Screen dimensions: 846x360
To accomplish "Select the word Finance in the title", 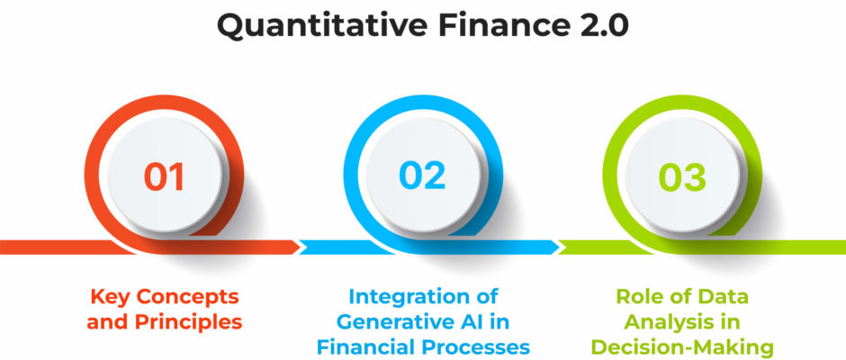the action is pos(500,24).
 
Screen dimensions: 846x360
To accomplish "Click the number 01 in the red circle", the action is pos(164,176).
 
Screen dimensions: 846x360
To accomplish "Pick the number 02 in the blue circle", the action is pos(422,176).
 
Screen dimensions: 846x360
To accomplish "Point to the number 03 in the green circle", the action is pos(682,177).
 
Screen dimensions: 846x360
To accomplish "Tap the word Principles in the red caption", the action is pos(188,322).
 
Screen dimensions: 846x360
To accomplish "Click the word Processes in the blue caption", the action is pos(476,347).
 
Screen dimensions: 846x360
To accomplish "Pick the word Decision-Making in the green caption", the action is pos(682,347).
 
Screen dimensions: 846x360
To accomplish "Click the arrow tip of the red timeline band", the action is pos(300,247).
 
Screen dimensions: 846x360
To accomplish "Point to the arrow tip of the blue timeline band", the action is pos(559,247).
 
